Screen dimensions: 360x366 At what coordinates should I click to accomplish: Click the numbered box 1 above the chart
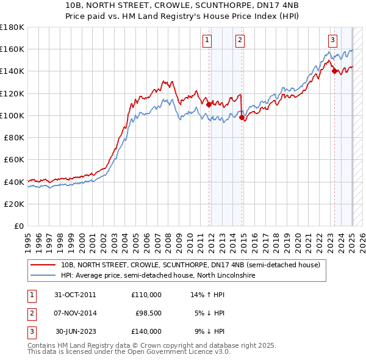click(207, 40)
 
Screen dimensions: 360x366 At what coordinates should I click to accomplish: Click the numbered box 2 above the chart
click(240, 40)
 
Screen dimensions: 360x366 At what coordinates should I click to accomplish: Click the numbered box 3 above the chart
click(332, 40)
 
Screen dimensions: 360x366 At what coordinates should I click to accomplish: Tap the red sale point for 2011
click(209, 104)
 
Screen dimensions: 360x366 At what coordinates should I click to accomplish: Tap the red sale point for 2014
click(242, 117)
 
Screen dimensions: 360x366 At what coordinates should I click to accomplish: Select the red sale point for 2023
click(334, 71)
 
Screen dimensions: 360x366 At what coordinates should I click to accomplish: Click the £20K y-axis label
click(14, 204)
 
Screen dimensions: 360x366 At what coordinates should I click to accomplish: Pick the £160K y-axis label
click(12, 49)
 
